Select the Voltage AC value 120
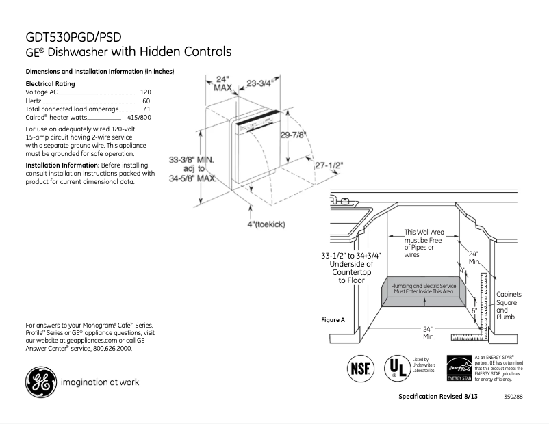point(145,92)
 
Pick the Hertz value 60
point(146,101)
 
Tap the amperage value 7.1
point(146,109)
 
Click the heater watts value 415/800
point(139,118)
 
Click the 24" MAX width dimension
point(222,83)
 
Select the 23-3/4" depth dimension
point(260,83)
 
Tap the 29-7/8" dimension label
point(293,135)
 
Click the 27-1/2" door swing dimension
point(329,165)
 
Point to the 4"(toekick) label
point(266,224)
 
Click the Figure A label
point(333,320)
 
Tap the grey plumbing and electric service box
point(422,289)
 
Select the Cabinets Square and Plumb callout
point(507,306)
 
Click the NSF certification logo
point(361,368)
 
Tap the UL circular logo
point(396,367)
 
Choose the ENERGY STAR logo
point(459,367)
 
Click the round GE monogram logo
point(41,382)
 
